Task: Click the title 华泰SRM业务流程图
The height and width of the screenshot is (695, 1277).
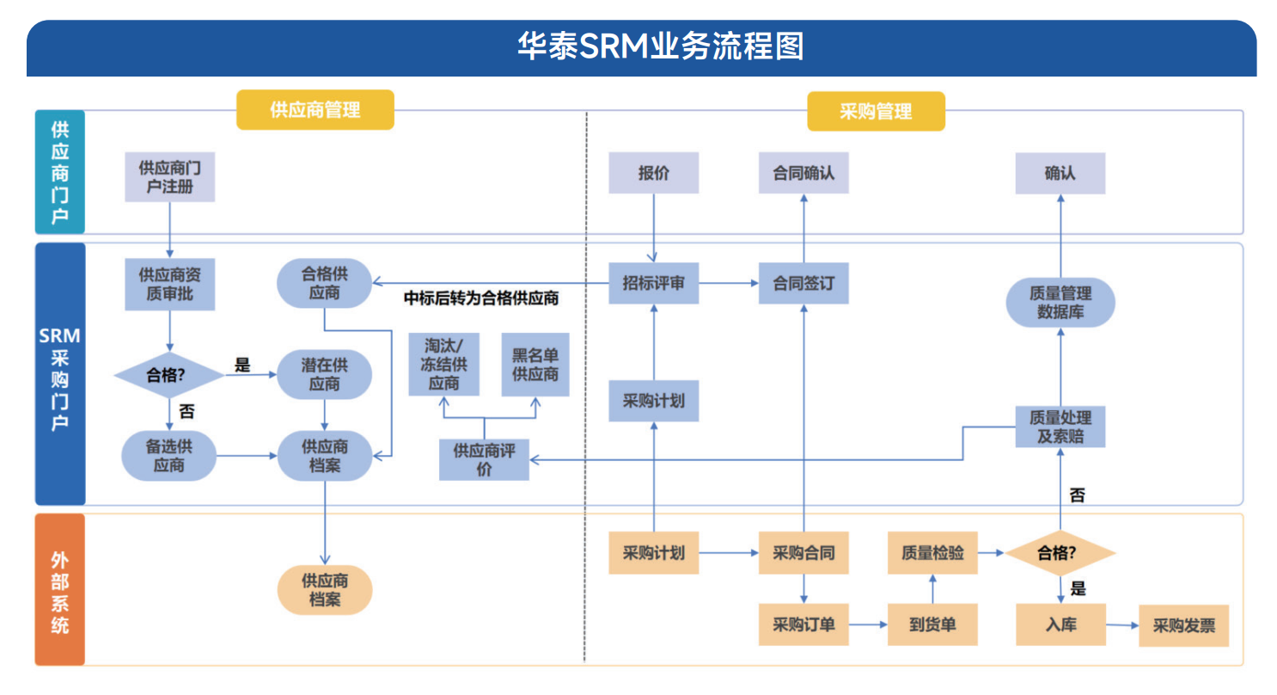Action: (660, 46)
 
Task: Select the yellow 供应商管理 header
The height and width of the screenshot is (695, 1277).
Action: (315, 110)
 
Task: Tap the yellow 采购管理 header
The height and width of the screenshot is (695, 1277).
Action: (875, 112)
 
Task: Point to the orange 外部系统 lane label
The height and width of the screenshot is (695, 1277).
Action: (59, 590)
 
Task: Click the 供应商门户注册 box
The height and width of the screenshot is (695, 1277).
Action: (169, 177)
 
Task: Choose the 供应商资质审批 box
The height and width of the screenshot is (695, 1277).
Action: (169, 285)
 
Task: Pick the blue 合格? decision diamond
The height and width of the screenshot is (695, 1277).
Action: (169, 374)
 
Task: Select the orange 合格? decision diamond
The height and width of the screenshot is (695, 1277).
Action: (1060, 552)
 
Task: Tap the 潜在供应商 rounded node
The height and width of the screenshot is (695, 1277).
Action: (324, 374)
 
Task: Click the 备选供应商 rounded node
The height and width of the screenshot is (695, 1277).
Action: (169, 456)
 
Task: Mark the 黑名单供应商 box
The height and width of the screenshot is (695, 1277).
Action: (535, 366)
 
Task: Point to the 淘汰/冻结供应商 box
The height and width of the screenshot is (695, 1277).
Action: (443, 366)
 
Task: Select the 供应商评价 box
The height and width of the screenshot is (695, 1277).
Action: (484, 459)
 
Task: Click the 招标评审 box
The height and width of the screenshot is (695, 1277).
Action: (653, 283)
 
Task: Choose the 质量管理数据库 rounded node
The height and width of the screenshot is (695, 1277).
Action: (1060, 303)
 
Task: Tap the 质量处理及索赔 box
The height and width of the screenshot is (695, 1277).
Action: (1060, 427)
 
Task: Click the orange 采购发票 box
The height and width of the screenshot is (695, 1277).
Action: (1183, 625)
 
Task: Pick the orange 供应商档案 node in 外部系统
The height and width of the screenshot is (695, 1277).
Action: (324, 590)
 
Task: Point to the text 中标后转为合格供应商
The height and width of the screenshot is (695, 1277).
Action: (481, 298)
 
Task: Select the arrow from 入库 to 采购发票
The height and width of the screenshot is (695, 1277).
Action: (1121, 625)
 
